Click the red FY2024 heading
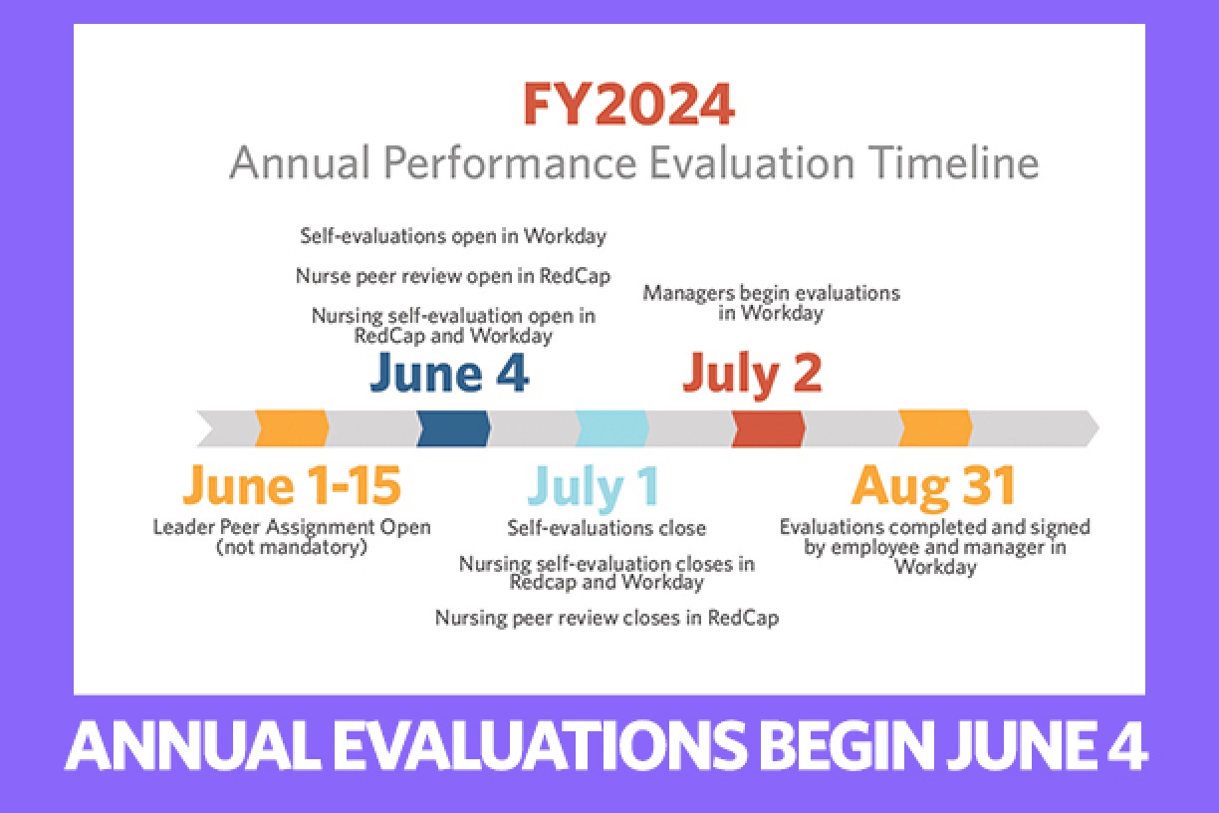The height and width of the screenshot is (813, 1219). point(628,105)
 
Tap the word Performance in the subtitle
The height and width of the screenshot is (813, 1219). point(510,162)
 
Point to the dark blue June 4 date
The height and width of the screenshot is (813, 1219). point(449,372)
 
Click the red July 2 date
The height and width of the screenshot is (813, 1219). point(752,374)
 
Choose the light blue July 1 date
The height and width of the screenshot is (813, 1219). point(594,486)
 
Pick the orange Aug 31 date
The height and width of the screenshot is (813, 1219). point(933,486)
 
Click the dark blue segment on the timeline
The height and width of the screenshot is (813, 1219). point(453,428)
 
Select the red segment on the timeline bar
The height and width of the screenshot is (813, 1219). point(769,428)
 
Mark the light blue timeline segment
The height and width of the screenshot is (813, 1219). point(612,428)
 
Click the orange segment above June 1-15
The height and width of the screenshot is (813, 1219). point(292,428)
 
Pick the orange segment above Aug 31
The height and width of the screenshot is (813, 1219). point(935,428)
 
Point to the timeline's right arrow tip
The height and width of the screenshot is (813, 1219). point(1098,428)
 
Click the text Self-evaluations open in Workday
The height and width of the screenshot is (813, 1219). point(453,236)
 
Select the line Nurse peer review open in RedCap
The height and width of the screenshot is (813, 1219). point(453,276)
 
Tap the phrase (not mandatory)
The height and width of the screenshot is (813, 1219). point(292,547)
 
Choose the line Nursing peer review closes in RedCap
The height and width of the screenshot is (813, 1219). point(607,618)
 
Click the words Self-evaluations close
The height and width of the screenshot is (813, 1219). point(607,528)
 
